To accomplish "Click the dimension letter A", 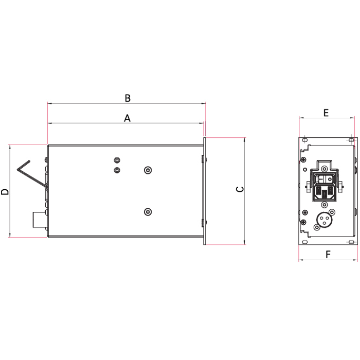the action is [127, 118].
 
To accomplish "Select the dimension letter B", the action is [128, 98].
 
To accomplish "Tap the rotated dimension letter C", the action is [240, 189].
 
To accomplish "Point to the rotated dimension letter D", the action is [5, 192].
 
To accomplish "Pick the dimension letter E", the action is [326, 113].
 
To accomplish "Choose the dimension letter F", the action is [328, 255].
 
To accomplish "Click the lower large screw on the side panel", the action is [148, 212].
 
